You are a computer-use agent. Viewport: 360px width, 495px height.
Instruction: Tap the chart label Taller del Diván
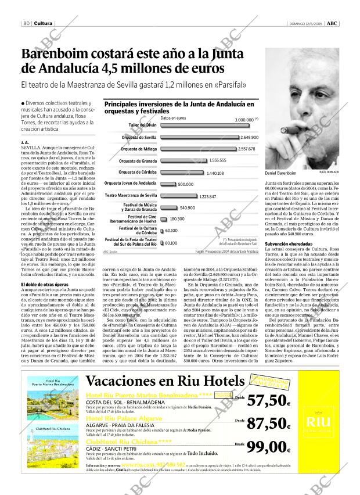pyautogui.click(x=143, y=125)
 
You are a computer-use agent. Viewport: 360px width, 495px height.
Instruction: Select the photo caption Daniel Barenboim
pyautogui.click(x=280, y=173)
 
